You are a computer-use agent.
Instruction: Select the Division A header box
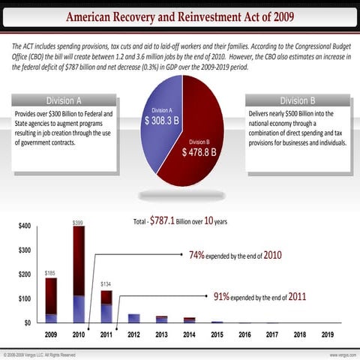tap(63, 100)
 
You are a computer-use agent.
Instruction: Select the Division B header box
tap(298, 100)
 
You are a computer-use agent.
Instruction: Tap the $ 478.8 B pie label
tap(199, 151)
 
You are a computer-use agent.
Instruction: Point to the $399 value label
tap(79, 223)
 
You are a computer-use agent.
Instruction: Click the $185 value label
tap(50, 273)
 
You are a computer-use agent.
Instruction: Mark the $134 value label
tap(106, 284)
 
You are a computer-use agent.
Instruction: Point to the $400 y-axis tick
tap(24, 226)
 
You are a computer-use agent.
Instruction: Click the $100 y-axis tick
tap(24, 299)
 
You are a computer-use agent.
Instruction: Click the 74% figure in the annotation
tap(196, 255)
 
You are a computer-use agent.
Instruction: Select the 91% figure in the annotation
tap(221, 295)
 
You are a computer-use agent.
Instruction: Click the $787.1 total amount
tap(161, 221)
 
